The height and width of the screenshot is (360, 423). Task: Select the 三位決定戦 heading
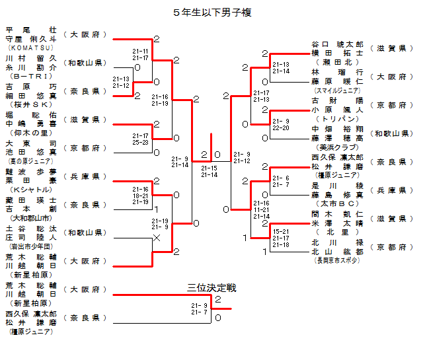pyautogui.click(x=211, y=288)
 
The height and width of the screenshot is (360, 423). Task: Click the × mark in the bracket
pyautogui.click(x=157, y=237)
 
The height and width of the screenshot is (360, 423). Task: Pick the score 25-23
pyautogui.click(x=141, y=142)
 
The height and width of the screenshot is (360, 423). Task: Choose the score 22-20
pyautogui.click(x=281, y=128)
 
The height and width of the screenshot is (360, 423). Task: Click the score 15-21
pyautogui.click(x=281, y=231)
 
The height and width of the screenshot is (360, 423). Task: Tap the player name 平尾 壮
pyautogui.click(x=31, y=30)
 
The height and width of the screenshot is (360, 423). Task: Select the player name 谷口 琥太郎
pyautogui.click(x=338, y=44)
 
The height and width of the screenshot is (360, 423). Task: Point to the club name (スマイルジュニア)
pyautogui.click(x=338, y=90)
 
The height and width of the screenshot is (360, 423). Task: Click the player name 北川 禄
pyautogui.click(x=338, y=242)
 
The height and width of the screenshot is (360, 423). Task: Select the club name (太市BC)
pyautogui.click(x=338, y=203)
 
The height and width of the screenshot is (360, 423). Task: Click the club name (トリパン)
pyautogui.click(x=338, y=118)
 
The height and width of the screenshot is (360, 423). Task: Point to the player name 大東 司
pyautogui.click(x=31, y=143)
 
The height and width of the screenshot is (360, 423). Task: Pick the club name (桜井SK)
pyautogui.click(x=31, y=104)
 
